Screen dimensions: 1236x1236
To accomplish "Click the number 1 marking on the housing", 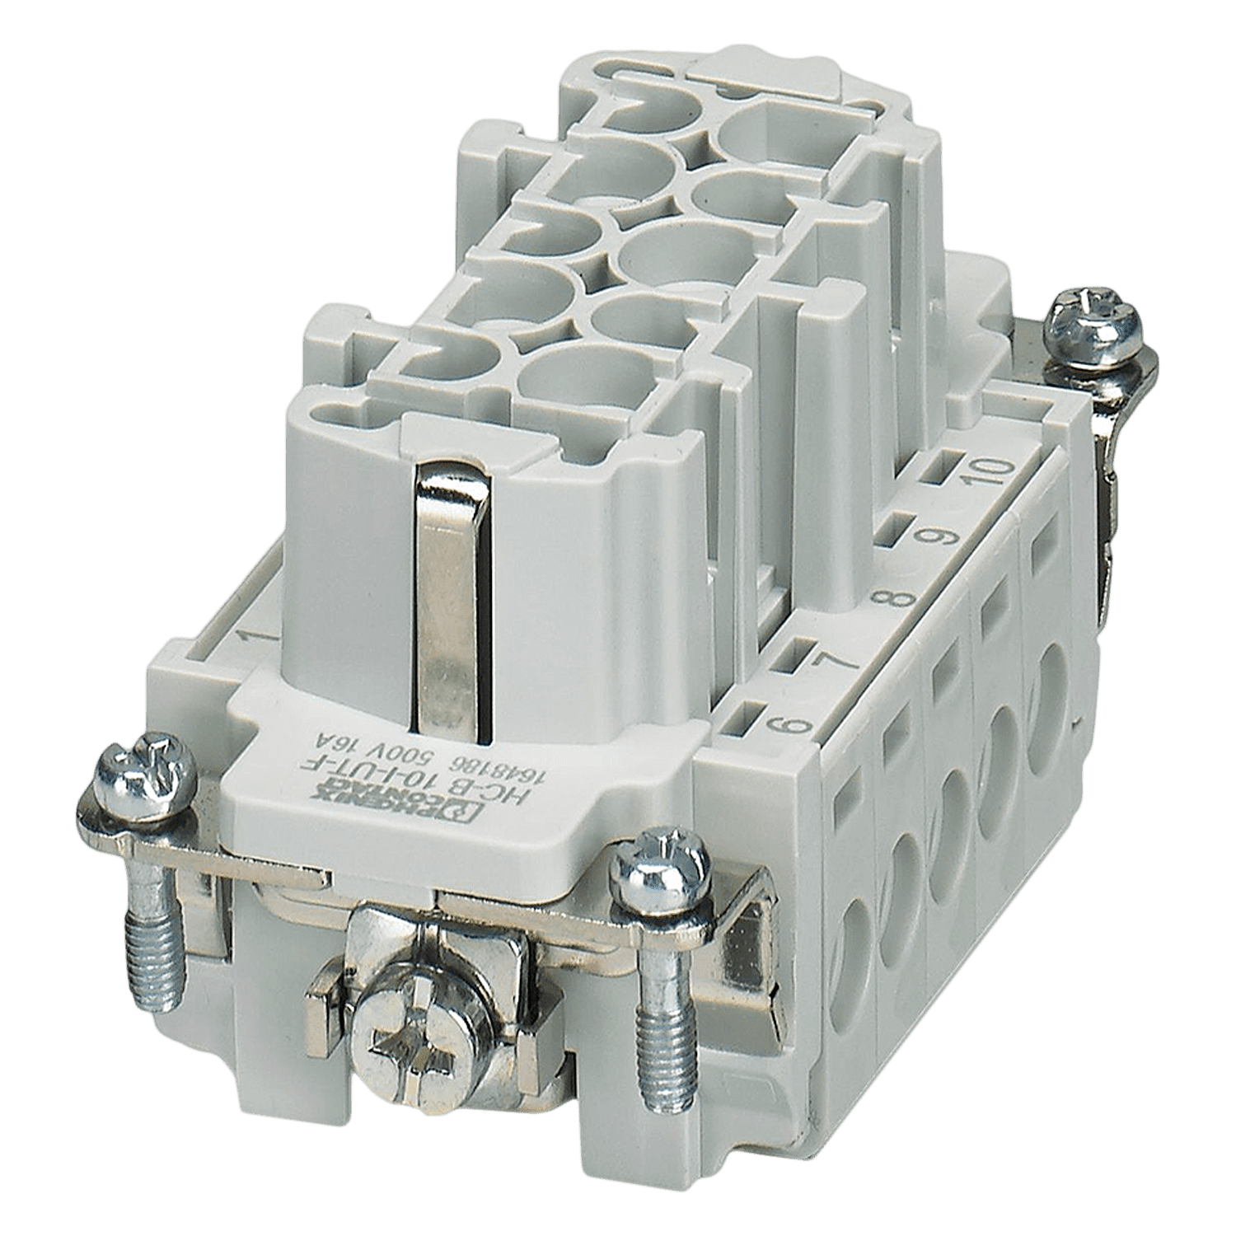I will [x=246, y=637].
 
